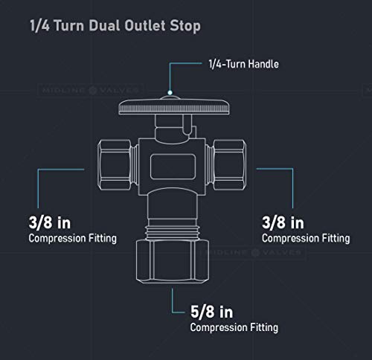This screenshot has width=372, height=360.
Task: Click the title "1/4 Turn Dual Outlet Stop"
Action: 115,26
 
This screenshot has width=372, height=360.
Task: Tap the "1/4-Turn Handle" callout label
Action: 243,64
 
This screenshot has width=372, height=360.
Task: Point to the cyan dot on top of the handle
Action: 170,92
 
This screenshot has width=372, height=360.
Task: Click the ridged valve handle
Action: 174,106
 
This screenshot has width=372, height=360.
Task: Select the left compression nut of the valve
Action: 115,165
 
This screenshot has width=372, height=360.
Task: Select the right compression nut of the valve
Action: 230,165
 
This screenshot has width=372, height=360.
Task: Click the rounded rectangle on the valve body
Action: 173,166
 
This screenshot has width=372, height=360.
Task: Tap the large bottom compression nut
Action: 173,261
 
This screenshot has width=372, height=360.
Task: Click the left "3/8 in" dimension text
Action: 50,222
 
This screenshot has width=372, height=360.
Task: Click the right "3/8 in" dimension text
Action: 283,222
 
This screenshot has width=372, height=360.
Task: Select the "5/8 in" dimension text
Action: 211,312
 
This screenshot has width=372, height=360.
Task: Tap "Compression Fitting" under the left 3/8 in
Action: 72,239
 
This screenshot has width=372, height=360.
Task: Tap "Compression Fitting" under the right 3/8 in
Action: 306,239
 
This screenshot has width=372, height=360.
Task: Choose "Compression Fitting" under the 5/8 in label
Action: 234,327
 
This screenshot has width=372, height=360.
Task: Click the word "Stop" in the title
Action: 185,26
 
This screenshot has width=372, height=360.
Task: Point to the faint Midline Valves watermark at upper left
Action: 91,90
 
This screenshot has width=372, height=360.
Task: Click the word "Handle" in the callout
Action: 263,64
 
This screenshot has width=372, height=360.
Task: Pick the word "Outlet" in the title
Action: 145,25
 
